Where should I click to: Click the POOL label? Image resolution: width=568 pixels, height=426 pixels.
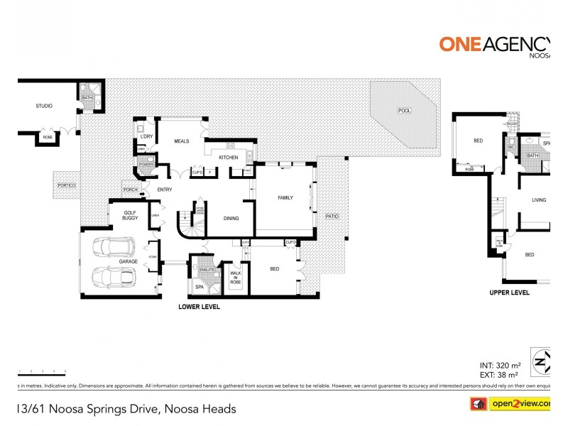(x=405, y=111)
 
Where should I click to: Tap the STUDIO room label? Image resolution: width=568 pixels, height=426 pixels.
(x=45, y=106)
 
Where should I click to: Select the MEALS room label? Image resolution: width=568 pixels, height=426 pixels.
(x=182, y=141)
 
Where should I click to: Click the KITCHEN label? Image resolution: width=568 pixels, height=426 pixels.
(x=228, y=157)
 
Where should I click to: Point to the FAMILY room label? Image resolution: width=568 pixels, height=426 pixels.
(x=285, y=197)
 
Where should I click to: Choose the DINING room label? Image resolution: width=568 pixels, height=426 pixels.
(x=231, y=219)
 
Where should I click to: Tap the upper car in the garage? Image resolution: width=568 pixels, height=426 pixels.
(x=116, y=247)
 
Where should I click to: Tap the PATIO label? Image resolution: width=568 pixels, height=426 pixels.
(x=332, y=216)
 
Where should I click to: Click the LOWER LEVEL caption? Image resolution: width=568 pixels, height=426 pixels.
(x=199, y=307)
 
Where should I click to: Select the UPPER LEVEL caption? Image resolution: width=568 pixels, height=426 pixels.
(x=510, y=293)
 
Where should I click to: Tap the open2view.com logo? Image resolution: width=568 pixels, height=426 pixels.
(x=518, y=404)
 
